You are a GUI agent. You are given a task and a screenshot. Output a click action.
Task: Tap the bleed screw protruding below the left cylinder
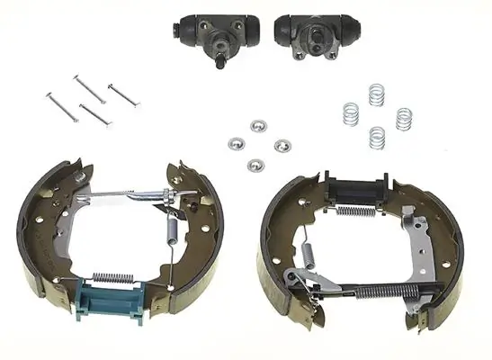click(222, 64)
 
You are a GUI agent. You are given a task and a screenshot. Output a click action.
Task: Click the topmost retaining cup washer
click(258, 124)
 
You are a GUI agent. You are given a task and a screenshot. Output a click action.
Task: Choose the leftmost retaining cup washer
click(236, 142)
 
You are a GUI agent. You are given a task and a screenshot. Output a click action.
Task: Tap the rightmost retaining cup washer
click(282, 145)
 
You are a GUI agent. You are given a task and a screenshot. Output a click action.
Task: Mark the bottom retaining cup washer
click(256, 164)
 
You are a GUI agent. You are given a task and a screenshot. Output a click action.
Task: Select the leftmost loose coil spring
click(353, 114)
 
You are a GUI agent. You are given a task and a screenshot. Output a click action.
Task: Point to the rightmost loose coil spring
click(404, 118)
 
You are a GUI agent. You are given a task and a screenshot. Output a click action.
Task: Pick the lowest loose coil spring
click(377, 137)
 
